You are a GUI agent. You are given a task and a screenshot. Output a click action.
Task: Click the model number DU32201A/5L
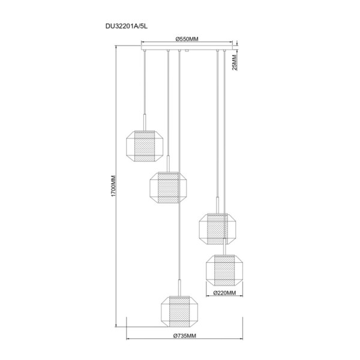(127, 26)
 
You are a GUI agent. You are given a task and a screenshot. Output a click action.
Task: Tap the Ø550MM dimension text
(187, 39)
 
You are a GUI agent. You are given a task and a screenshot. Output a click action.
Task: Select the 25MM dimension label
(235, 62)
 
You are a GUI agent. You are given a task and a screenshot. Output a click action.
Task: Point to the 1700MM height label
(113, 186)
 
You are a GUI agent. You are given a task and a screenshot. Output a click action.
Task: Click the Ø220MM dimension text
(224, 293)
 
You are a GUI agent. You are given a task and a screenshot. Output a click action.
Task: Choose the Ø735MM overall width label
(185, 336)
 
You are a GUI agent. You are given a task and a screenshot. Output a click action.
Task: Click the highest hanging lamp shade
(145, 146)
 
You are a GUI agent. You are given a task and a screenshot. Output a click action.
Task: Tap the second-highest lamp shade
(168, 187)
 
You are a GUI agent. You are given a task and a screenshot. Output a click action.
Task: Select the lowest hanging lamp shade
(179, 311)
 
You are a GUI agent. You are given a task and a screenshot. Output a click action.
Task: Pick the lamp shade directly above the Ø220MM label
(224, 270)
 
